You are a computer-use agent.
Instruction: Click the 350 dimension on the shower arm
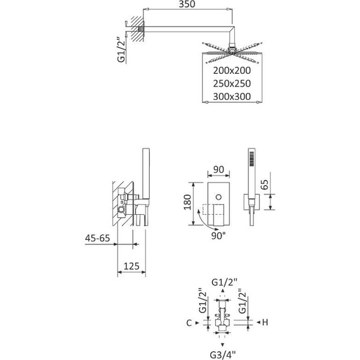[187, 4]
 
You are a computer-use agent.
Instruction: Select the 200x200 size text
[232, 71]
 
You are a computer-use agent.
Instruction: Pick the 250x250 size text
[232, 83]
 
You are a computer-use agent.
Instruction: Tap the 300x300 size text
[232, 97]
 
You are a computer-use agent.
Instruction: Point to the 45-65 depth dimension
[97, 238]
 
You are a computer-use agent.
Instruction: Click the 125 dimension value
[131, 266]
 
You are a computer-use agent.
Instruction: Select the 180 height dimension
[188, 202]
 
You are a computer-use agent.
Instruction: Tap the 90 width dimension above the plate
[219, 169]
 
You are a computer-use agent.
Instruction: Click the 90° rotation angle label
[219, 236]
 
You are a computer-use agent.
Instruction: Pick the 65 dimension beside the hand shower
[265, 185]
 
